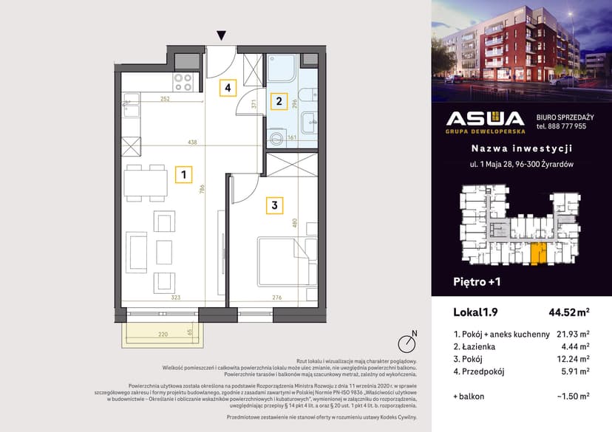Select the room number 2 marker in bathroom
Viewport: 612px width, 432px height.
click(x=278, y=100)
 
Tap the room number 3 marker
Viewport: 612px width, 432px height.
click(x=273, y=206)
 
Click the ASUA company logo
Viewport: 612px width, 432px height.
click(x=485, y=120)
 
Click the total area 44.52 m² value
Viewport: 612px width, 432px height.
click(x=568, y=311)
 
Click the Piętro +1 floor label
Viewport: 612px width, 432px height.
click(x=477, y=281)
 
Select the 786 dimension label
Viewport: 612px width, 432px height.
click(x=201, y=188)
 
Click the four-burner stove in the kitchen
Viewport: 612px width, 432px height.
click(x=183, y=80)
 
